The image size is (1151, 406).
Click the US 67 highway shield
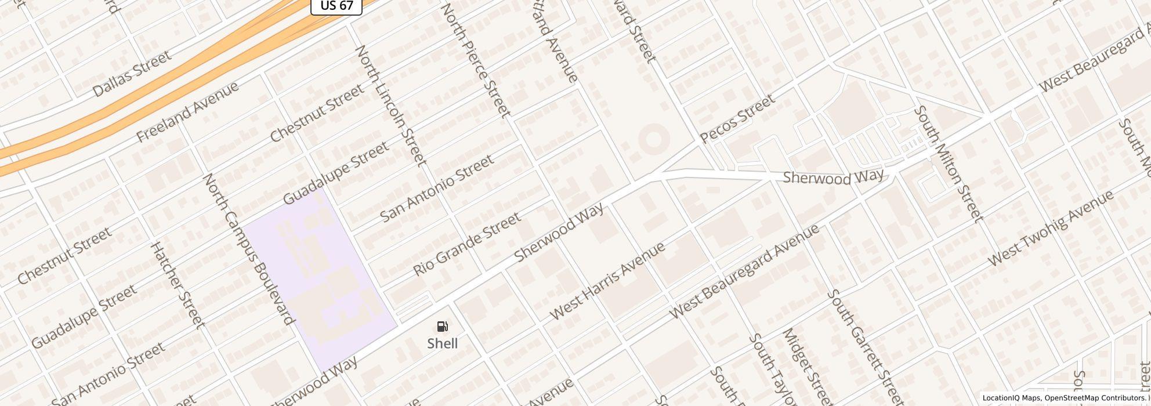[336, 6]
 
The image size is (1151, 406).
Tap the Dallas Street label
[132, 74]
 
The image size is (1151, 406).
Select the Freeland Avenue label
[187, 112]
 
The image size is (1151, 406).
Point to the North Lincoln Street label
[391, 106]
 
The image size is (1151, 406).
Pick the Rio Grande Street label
[466, 245]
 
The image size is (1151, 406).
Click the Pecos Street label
[737, 119]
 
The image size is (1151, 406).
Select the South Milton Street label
[949, 164]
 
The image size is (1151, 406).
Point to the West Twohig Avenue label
[1051, 228]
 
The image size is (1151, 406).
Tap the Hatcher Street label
[178, 284]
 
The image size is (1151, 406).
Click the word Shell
[443, 343]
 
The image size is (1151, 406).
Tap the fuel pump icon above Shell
[443, 327]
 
